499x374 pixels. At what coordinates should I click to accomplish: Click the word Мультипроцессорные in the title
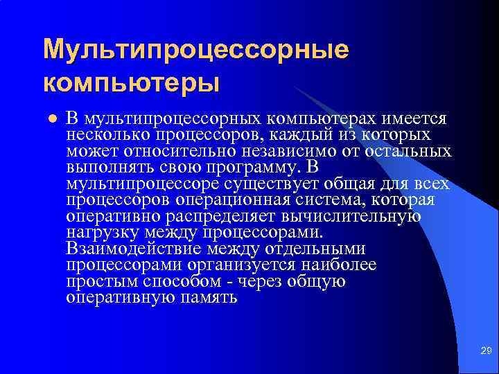point(195,50)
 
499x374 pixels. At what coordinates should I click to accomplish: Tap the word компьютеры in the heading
point(131,82)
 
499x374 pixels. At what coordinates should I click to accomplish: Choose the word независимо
point(286,151)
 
